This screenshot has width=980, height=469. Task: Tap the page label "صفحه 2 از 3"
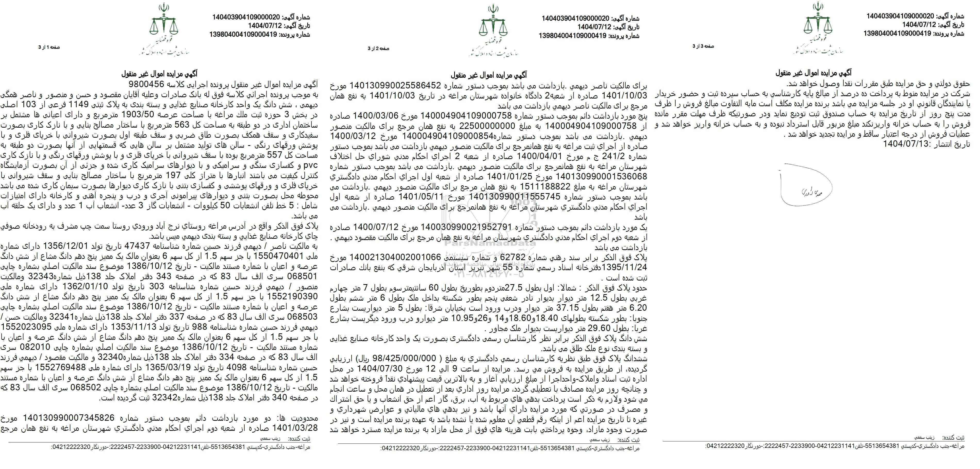(x=378, y=48)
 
